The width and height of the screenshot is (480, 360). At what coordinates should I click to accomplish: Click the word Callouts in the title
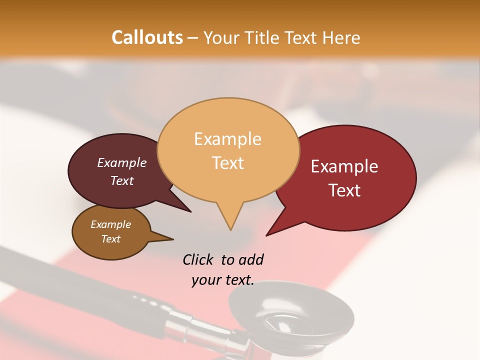[x=147, y=37]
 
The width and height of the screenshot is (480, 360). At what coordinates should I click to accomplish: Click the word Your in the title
[x=222, y=37]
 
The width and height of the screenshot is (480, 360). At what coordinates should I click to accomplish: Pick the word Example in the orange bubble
[x=227, y=139]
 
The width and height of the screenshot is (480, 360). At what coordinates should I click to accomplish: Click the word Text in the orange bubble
[x=228, y=163]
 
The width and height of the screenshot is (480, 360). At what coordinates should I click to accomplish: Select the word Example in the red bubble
[x=344, y=166]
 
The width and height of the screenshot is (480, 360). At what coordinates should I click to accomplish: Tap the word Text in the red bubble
[x=345, y=190]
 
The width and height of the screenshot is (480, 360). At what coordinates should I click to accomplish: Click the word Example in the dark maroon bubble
[x=121, y=163]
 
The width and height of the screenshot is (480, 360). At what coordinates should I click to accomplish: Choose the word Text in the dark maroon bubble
[x=121, y=180]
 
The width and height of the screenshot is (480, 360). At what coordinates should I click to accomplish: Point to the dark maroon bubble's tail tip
[x=190, y=211]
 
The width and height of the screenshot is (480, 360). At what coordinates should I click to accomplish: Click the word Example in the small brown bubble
[x=110, y=224]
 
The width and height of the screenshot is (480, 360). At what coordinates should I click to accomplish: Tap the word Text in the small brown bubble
[x=110, y=239]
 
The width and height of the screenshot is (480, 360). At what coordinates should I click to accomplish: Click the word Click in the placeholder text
[x=197, y=259]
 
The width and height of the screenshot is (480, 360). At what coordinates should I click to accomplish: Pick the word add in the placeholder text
[x=250, y=259]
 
